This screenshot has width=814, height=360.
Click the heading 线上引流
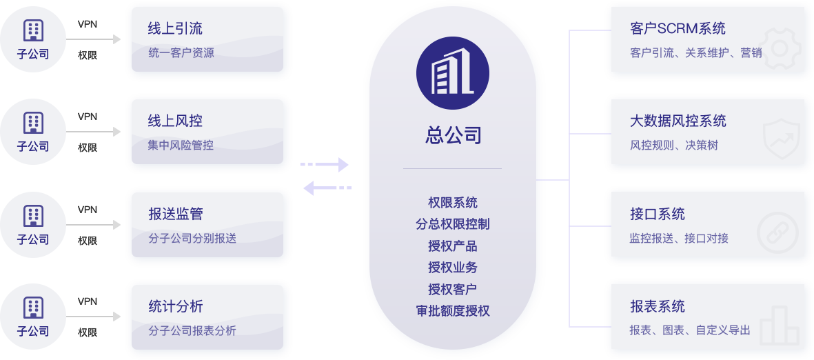(x=175, y=29)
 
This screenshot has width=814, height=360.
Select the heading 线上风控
(x=175, y=121)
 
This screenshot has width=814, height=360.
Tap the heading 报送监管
(x=175, y=214)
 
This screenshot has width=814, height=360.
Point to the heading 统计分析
(x=175, y=307)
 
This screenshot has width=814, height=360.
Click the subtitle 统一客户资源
(x=181, y=52)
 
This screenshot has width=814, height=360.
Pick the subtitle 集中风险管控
(x=181, y=146)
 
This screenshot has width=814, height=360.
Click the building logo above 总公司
(x=452, y=74)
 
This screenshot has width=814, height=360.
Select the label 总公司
(x=453, y=135)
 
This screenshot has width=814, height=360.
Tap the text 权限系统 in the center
(x=453, y=203)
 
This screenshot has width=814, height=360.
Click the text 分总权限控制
(x=453, y=224)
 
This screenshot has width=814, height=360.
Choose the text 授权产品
(x=453, y=246)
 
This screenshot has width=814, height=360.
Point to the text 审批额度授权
(x=453, y=311)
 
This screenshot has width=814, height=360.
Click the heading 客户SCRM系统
(x=678, y=29)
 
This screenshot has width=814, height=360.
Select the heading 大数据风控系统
(x=678, y=121)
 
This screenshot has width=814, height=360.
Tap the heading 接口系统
(x=657, y=214)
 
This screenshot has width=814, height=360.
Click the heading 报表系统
(x=657, y=307)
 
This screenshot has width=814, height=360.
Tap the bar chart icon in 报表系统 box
(x=780, y=325)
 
